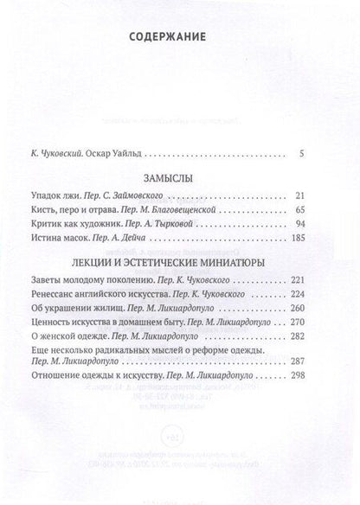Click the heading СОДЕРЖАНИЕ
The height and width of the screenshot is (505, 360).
coord(179,37)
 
